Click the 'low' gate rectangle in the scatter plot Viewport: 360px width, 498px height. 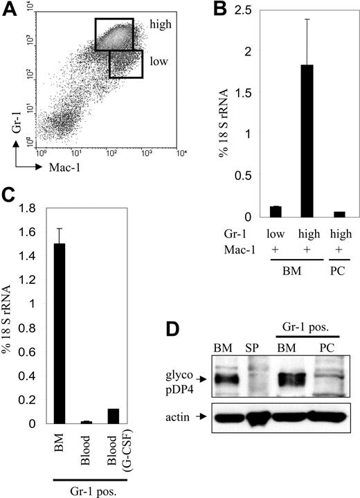(x=126, y=63)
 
